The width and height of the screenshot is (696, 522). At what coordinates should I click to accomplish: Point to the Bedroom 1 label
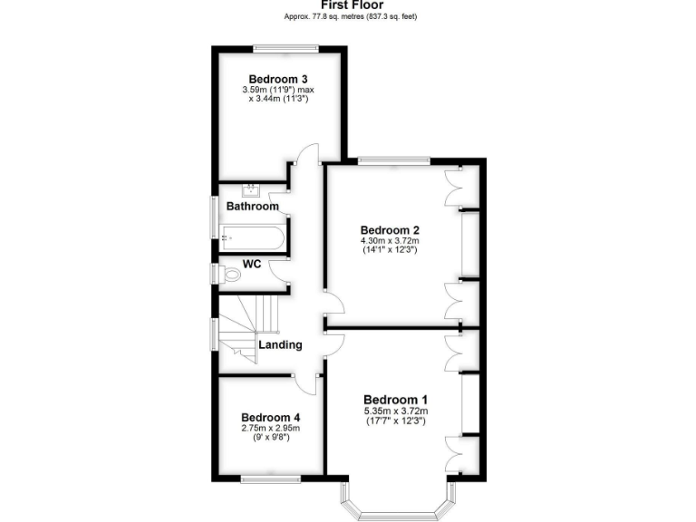tap(395, 400)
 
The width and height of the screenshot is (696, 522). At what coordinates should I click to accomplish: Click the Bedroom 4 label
tap(270, 417)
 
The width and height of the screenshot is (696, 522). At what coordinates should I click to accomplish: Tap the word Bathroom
tap(252, 207)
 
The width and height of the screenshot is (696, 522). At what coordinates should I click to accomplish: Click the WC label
tap(253, 265)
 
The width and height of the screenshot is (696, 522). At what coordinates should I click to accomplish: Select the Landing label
tap(280, 345)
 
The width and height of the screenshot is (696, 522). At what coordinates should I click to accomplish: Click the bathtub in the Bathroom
tap(252, 238)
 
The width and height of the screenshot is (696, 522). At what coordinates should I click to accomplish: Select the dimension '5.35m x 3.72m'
tap(395, 411)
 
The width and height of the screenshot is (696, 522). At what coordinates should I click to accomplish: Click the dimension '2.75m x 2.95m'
tap(270, 428)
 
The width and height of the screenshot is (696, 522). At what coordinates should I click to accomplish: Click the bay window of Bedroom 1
tap(395, 513)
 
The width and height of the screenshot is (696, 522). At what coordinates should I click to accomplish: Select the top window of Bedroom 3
tap(277, 48)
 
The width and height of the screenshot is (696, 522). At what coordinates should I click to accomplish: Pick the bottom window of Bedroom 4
tap(270, 478)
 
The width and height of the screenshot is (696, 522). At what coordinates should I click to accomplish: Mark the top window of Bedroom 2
tap(392, 160)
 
